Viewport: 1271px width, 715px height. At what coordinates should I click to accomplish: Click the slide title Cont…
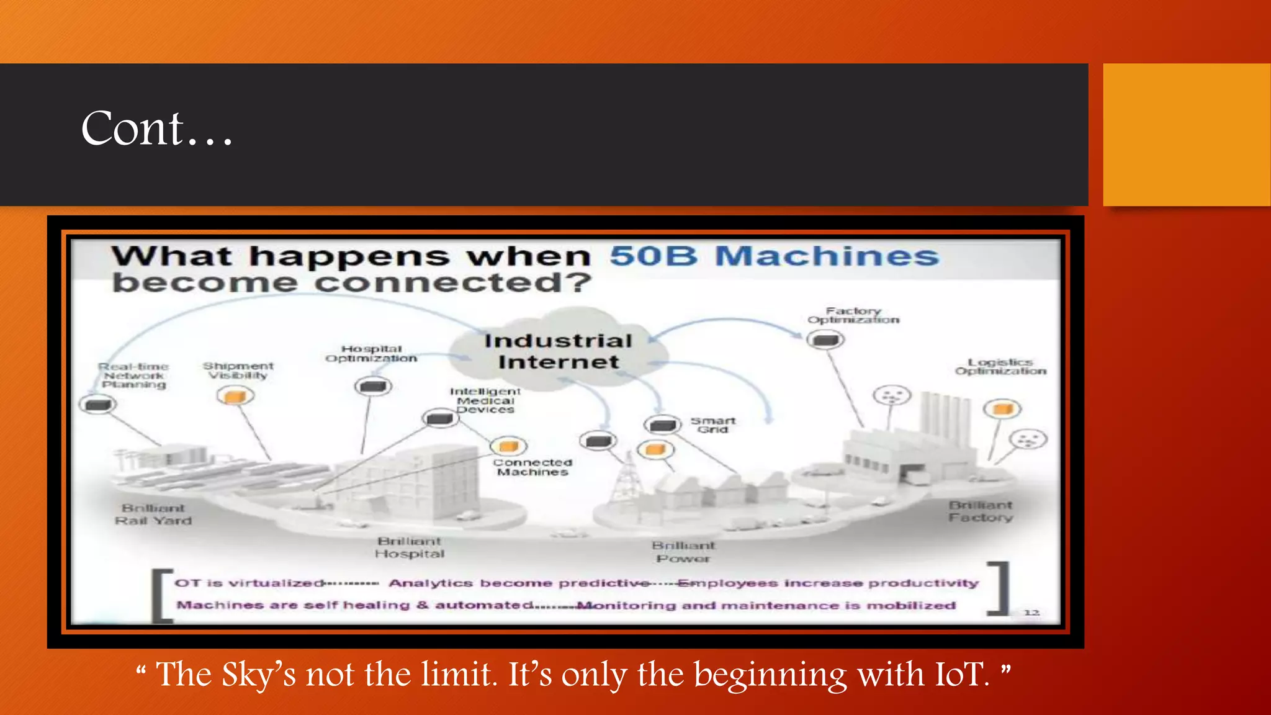click(156, 129)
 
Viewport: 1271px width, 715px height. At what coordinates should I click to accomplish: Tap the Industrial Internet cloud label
click(558, 351)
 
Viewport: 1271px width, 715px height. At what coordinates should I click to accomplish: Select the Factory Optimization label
click(853, 315)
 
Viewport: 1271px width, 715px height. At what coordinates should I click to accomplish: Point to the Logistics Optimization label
click(1000, 366)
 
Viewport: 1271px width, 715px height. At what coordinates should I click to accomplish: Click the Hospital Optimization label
click(371, 354)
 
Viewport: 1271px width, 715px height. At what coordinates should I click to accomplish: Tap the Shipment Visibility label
click(238, 371)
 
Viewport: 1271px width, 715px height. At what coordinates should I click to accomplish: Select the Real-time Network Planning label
click(134, 375)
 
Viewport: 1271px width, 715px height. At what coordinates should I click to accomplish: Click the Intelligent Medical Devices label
click(485, 400)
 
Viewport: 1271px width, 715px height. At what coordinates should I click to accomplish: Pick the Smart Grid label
click(712, 425)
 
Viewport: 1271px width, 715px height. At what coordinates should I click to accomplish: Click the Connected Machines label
click(532, 467)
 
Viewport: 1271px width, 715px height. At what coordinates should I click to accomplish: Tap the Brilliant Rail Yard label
click(153, 515)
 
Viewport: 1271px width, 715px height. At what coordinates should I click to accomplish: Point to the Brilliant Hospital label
click(410, 547)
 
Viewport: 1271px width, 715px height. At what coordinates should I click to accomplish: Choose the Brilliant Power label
click(683, 552)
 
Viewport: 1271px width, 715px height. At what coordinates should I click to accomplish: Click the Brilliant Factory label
click(981, 511)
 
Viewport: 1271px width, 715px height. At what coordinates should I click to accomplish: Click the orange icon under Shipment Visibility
click(235, 395)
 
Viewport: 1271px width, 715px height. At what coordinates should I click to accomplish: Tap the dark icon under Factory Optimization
click(825, 340)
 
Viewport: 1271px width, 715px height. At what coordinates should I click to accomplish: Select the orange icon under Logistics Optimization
click(1002, 408)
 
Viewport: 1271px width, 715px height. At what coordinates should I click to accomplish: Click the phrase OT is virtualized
click(249, 583)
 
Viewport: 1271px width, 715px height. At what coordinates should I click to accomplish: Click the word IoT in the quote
click(961, 675)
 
